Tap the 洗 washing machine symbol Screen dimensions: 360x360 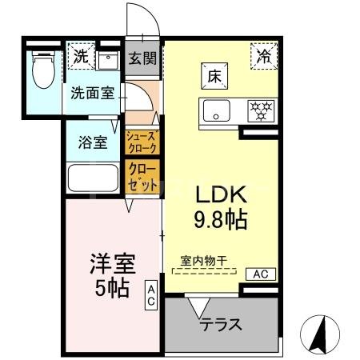(79, 56)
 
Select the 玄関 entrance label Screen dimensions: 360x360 (142, 59)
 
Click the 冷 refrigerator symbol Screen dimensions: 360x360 (264, 55)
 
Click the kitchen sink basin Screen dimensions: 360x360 (215, 110)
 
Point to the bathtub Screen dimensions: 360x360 (93, 178)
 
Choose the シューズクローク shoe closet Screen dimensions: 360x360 (142, 142)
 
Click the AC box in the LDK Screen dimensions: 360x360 (261, 274)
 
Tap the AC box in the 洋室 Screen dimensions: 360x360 (151, 296)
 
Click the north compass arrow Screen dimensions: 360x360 (322, 330)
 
